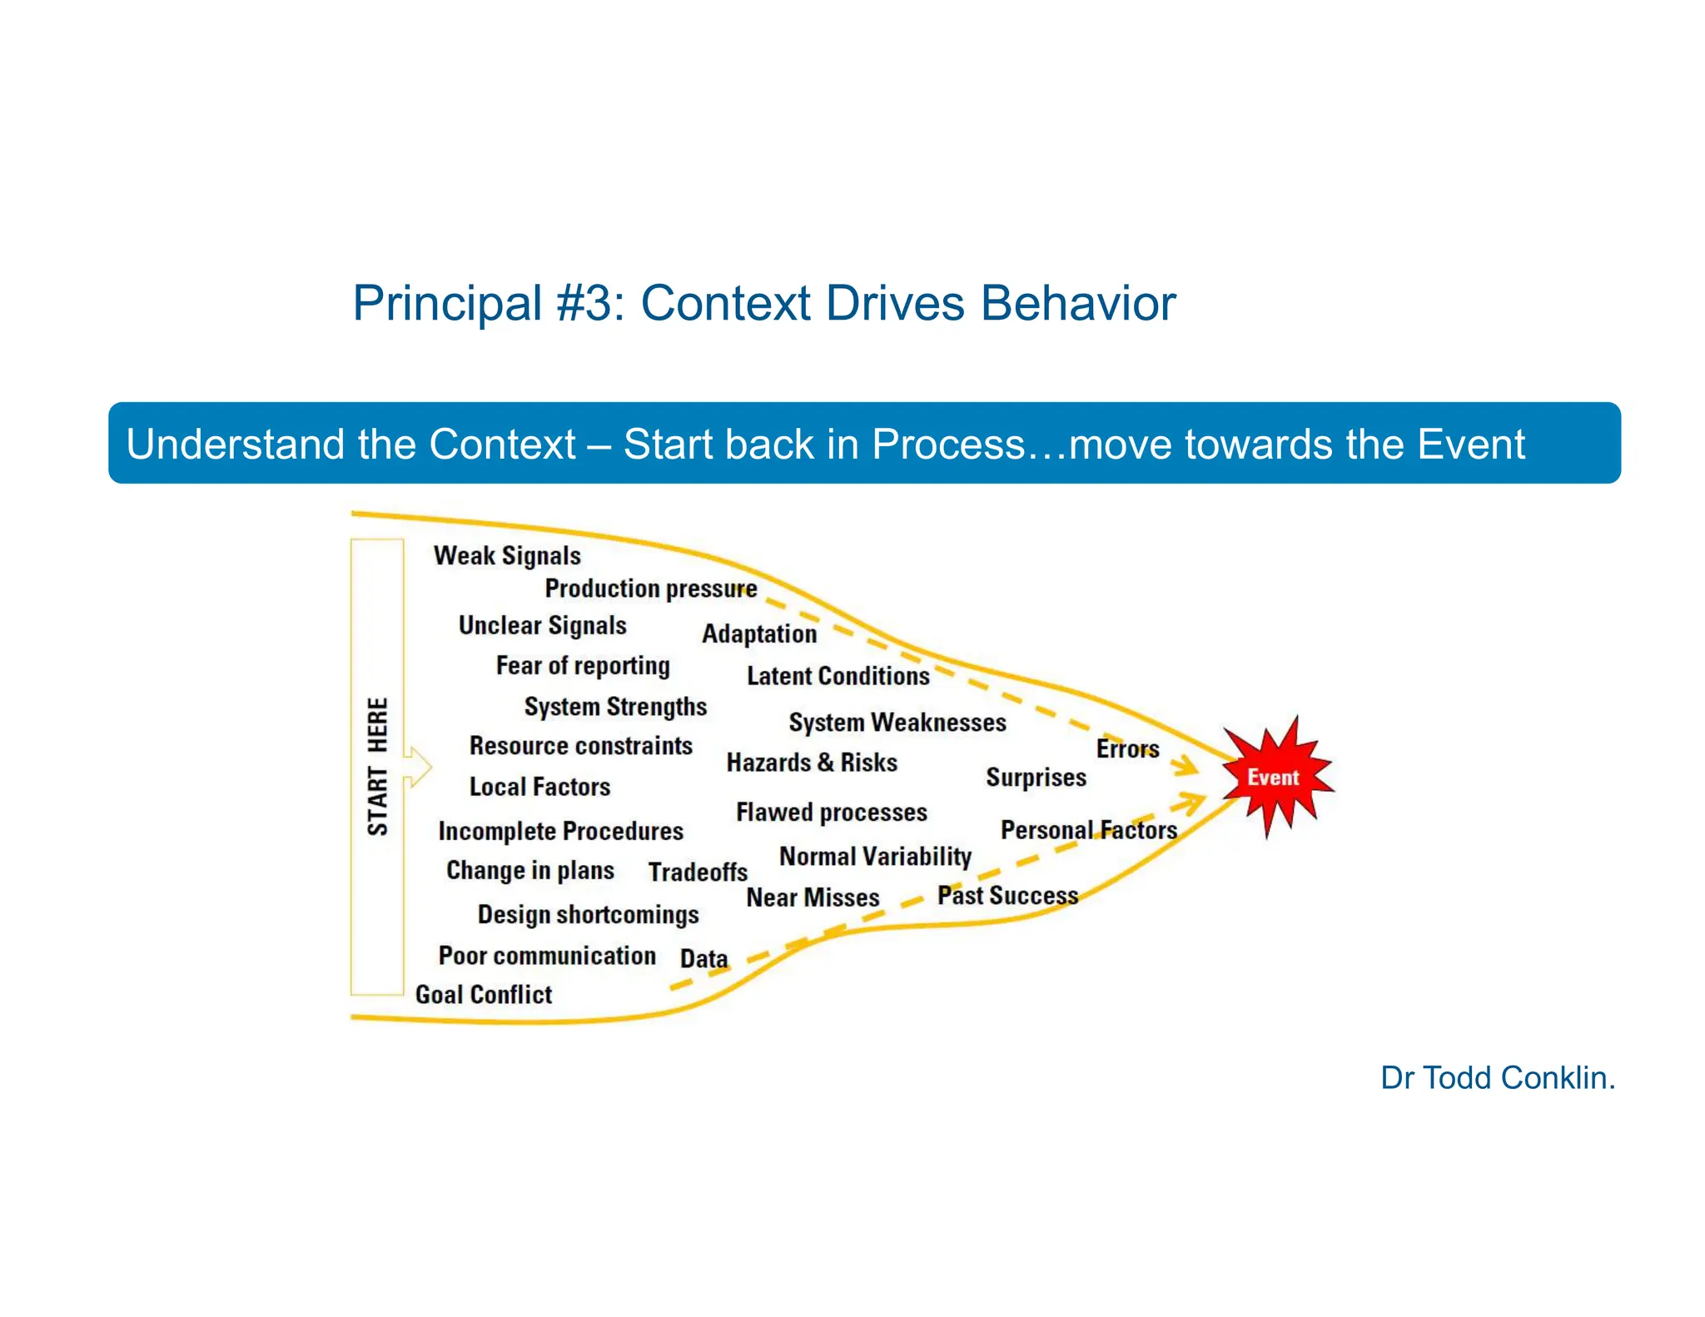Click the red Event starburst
coord(1274,777)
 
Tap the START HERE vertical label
coord(378,766)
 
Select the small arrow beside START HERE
coord(418,766)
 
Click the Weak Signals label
coord(507,555)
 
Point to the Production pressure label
coord(650,589)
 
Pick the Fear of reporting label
coord(583,666)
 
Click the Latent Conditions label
coord(838,676)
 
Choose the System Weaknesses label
coord(897,722)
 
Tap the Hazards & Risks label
coord(812,763)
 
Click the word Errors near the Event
coord(1127,748)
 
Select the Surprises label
coord(1036,778)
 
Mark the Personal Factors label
coord(1088,830)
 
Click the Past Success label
coord(1007,896)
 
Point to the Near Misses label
coord(813,897)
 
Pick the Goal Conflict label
coord(484,994)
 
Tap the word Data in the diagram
coord(703,959)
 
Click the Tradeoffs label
coord(698,872)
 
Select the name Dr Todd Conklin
coord(1497,1078)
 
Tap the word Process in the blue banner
coord(948,445)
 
